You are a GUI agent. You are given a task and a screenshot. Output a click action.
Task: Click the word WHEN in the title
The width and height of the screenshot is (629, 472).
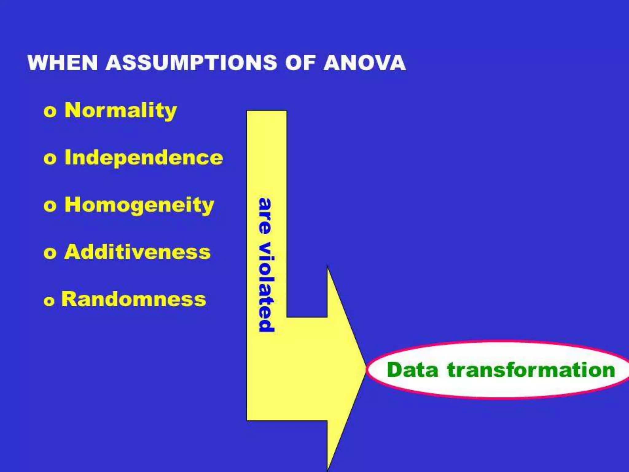[x=63, y=63]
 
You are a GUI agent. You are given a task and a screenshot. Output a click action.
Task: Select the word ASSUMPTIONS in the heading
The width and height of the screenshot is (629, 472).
[x=191, y=63]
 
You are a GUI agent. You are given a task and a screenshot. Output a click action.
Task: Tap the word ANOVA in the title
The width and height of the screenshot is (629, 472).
[x=365, y=63]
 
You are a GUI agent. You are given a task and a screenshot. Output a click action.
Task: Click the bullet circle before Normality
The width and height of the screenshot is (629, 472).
[x=50, y=112]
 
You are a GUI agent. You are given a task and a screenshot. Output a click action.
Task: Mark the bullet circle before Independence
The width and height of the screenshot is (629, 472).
[x=50, y=159]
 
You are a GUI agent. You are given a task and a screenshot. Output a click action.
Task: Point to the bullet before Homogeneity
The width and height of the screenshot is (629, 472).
[x=50, y=206]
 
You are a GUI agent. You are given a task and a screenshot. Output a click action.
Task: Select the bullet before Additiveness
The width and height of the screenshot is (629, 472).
[x=50, y=253]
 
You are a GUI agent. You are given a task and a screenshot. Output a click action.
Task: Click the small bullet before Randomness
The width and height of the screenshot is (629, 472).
[x=49, y=301]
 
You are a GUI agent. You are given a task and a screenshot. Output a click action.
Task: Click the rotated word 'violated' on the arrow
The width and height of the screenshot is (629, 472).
[x=266, y=287]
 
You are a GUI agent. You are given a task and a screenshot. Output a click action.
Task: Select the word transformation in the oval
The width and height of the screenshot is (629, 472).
[x=531, y=370]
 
